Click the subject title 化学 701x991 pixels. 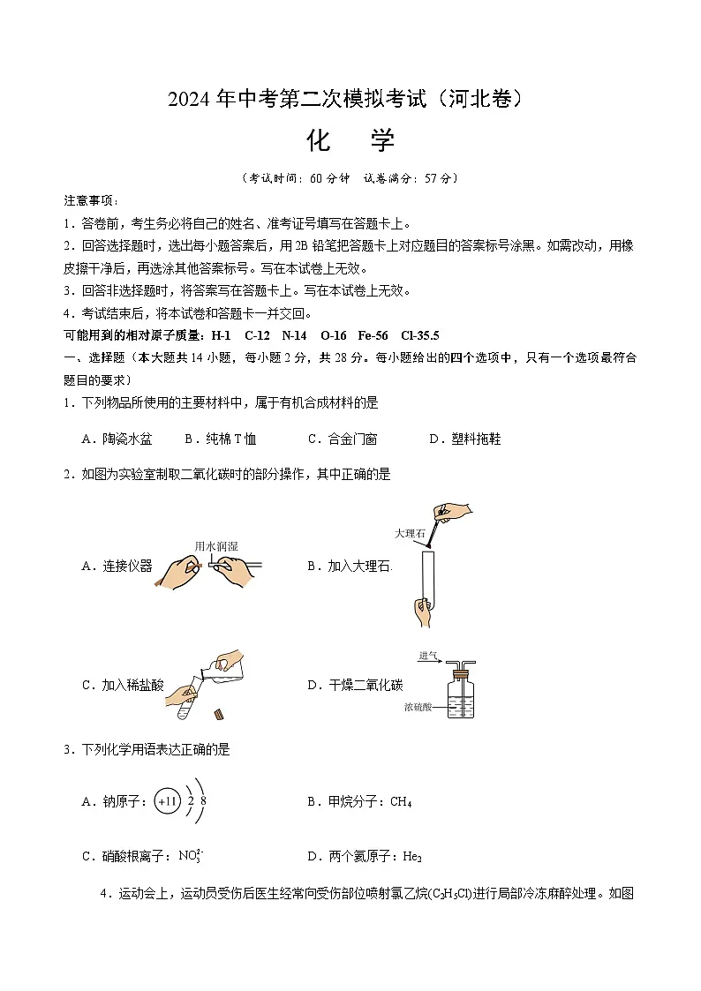click(x=350, y=140)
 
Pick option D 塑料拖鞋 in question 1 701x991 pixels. click(x=464, y=439)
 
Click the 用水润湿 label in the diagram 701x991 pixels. click(x=216, y=546)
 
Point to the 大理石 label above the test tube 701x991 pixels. click(x=411, y=534)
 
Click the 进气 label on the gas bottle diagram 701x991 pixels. click(x=430, y=655)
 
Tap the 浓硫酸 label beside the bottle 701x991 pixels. click(x=419, y=707)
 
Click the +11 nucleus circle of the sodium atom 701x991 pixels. click(x=167, y=801)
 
